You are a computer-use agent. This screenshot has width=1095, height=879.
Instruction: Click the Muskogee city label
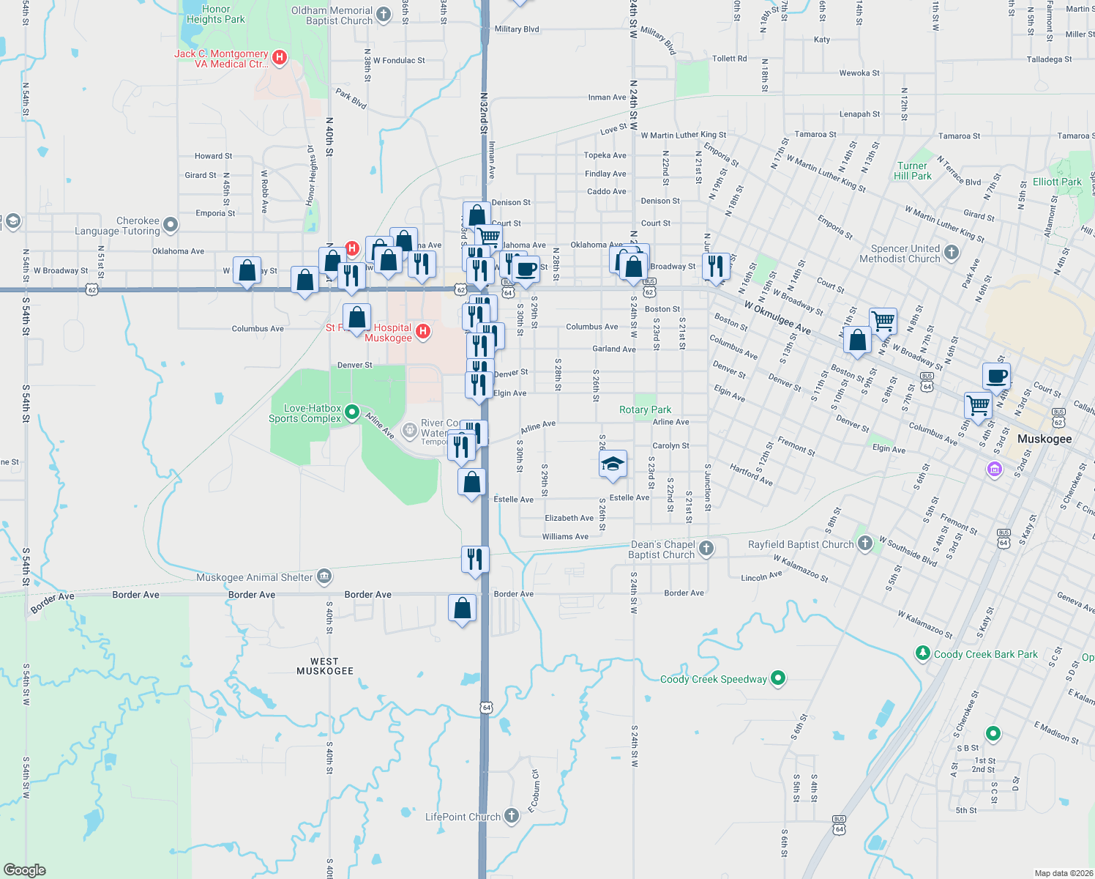(1044, 439)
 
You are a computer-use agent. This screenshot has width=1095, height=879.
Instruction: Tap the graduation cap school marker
(613, 464)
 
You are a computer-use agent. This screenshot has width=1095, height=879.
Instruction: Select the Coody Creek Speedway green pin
(778, 678)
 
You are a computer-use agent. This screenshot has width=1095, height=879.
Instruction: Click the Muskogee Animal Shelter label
(254, 577)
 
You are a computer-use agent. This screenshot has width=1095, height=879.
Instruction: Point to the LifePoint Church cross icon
(512, 815)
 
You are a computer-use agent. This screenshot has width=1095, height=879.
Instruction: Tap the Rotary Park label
(645, 409)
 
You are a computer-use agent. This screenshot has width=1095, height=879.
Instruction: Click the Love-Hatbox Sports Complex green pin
(352, 412)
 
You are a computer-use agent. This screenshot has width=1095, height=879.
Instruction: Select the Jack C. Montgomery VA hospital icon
(279, 57)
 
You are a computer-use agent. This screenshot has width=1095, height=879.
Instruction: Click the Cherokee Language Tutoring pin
(171, 224)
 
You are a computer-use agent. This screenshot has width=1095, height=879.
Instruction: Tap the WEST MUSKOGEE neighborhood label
(325, 666)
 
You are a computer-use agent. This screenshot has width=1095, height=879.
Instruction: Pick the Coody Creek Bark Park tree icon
(923, 653)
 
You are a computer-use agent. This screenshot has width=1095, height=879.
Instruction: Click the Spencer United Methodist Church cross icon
(951, 253)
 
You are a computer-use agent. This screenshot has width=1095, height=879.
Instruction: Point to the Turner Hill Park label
(913, 171)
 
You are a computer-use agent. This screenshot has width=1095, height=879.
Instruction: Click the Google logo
(24, 869)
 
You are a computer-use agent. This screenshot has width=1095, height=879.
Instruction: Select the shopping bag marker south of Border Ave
(462, 609)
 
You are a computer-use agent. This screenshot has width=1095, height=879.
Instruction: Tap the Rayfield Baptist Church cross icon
(865, 544)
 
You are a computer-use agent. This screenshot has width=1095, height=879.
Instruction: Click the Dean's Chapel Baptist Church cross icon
(706, 548)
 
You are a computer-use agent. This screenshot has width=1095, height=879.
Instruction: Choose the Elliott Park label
(1057, 182)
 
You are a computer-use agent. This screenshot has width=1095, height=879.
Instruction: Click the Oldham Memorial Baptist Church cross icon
(384, 14)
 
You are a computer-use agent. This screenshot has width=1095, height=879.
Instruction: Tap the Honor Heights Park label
(215, 14)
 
